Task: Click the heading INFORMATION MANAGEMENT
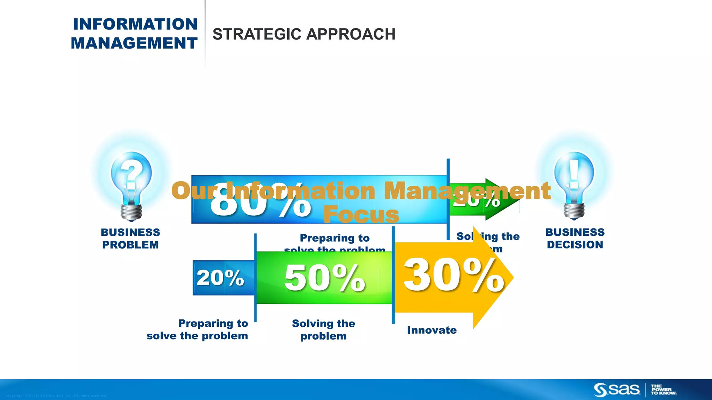pyautogui.click(x=135, y=34)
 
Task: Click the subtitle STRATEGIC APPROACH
pyautogui.click(x=304, y=34)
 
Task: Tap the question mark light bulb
pyautogui.click(x=131, y=181)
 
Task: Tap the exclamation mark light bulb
pyautogui.click(x=574, y=181)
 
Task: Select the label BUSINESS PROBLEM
pyautogui.click(x=130, y=239)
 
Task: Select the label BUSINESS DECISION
pyautogui.click(x=575, y=239)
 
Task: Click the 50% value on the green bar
pyautogui.click(x=324, y=278)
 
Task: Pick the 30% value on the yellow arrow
pyautogui.click(x=453, y=276)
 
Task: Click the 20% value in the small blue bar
pyautogui.click(x=220, y=278)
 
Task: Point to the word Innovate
pyautogui.click(x=432, y=330)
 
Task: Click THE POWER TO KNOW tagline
pyautogui.click(x=663, y=390)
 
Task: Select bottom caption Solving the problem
pyautogui.click(x=323, y=330)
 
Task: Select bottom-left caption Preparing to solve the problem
pyautogui.click(x=197, y=330)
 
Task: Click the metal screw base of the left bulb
pyautogui.click(x=131, y=212)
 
